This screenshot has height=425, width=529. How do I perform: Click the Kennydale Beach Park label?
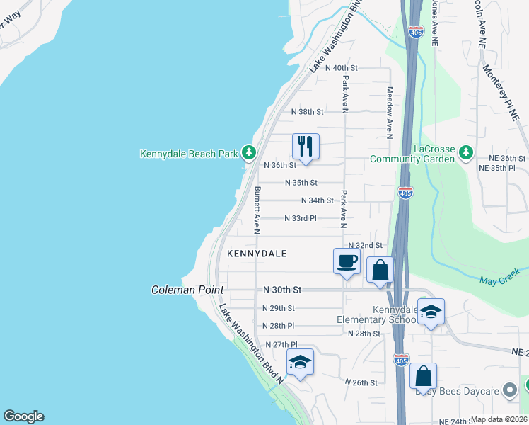[189, 153]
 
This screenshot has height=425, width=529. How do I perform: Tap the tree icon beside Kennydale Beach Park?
[248, 152]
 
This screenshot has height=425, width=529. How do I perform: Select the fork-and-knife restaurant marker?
[306, 147]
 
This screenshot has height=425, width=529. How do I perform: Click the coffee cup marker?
[347, 261]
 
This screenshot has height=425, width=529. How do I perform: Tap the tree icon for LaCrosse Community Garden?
[465, 152]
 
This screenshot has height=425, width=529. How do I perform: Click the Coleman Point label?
[187, 290]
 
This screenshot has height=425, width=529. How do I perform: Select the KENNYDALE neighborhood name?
[257, 254]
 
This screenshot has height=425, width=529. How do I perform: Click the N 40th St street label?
[341, 67]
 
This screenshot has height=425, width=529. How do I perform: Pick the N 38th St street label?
[307, 112]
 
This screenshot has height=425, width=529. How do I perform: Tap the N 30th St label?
[282, 290]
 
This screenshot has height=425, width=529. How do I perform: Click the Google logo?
[23, 417]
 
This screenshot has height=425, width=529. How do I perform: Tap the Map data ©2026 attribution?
[499, 419]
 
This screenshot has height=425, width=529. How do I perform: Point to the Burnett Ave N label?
[257, 210]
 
